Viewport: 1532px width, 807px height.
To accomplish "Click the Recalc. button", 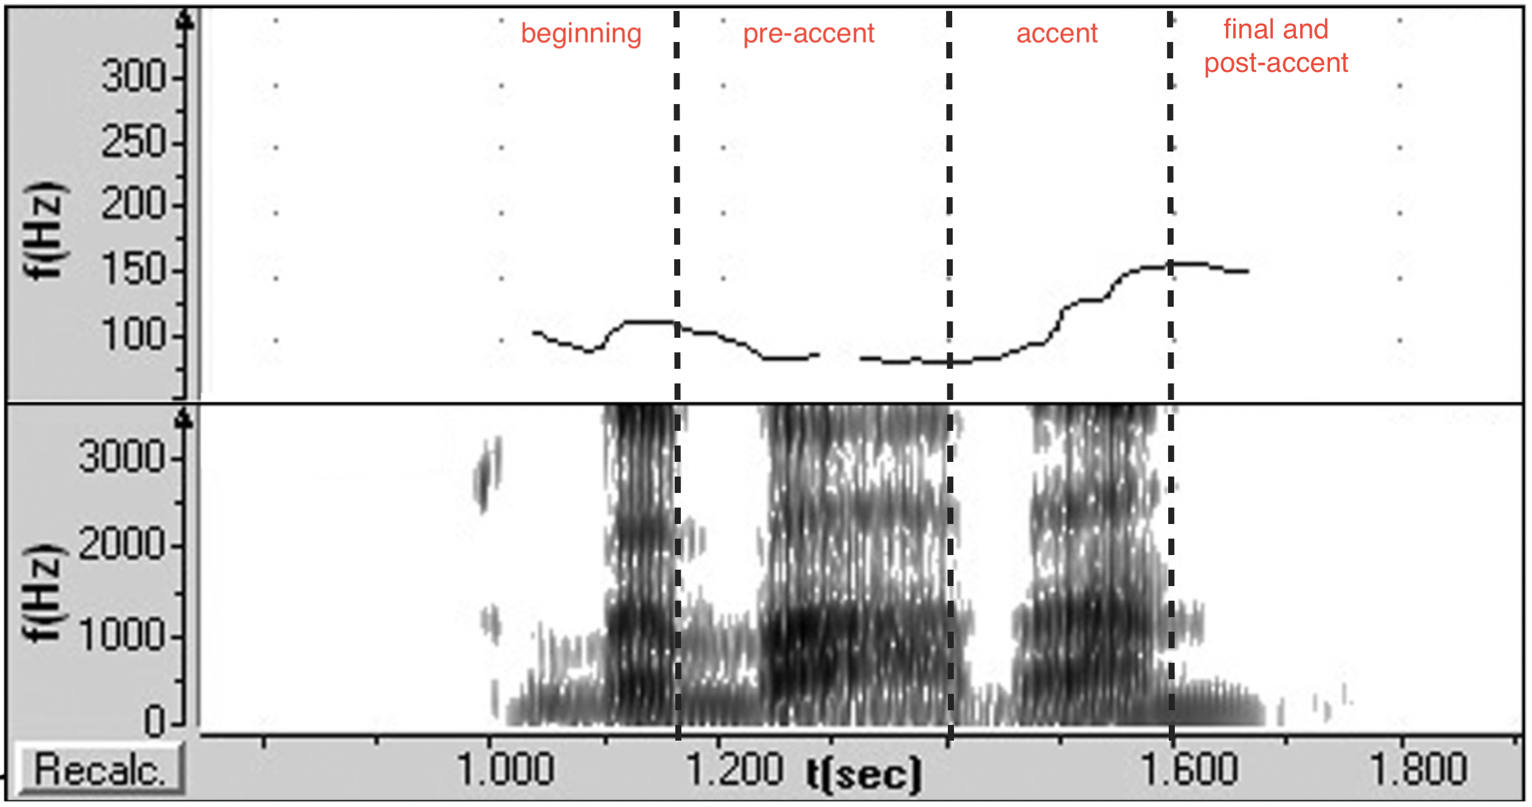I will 100,770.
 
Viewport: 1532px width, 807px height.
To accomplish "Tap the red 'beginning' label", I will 581,34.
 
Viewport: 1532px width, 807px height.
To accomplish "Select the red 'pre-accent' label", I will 809,34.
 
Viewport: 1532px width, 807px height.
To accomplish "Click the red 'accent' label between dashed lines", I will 1057,34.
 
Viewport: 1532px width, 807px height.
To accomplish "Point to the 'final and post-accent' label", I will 1276,46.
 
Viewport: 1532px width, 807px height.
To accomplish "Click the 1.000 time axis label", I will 505,769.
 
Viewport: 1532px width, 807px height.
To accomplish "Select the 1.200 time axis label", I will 734,769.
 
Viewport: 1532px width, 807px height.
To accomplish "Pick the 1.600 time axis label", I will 1189,769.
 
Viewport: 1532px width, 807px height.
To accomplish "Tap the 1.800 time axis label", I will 1418,769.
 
